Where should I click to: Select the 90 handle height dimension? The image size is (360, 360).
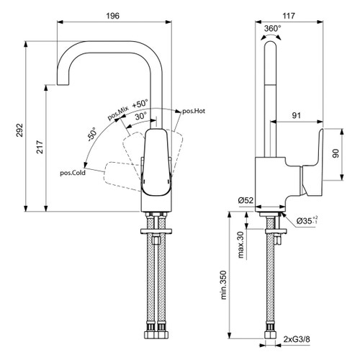point(336,154)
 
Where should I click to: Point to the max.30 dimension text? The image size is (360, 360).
point(240,245)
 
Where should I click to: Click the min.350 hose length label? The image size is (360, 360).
point(224,285)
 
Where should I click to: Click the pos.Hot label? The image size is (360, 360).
point(192,110)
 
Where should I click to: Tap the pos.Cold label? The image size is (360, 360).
point(74,173)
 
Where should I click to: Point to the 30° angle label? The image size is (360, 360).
point(140,114)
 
